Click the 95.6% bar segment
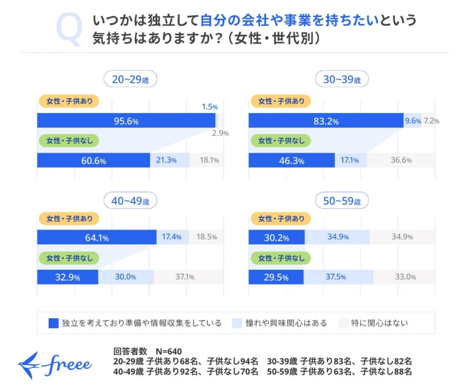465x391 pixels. [x=126, y=121]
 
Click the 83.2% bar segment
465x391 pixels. [x=326, y=121]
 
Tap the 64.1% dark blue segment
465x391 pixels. [x=97, y=238]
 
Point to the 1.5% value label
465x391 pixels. [x=210, y=106]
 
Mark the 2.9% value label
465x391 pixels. [x=220, y=133]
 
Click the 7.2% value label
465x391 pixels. [x=431, y=121]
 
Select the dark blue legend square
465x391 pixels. [x=54, y=323]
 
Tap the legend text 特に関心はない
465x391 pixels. [x=379, y=323]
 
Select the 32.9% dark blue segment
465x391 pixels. [x=67, y=277]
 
